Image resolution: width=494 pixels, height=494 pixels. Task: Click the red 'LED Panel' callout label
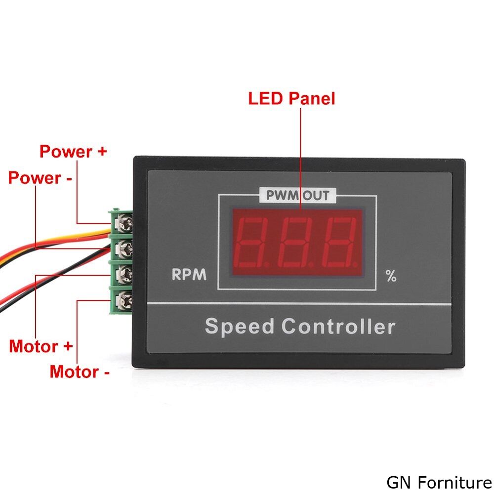(x=291, y=98)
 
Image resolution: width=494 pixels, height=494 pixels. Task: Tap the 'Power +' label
(x=73, y=151)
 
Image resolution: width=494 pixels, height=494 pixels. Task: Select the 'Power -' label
(x=40, y=178)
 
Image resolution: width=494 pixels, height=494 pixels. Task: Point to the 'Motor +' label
(x=41, y=346)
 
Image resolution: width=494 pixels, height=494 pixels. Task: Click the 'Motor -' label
(x=80, y=372)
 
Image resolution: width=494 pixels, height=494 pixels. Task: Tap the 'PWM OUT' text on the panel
(x=298, y=195)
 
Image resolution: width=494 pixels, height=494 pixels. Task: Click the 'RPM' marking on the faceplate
(x=189, y=274)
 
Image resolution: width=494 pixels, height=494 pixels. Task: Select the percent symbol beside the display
(x=391, y=276)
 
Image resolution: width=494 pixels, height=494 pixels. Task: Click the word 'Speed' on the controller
(x=240, y=326)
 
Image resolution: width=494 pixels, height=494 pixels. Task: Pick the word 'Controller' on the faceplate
(x=338, y=326)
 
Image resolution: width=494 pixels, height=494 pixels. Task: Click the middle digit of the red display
(x=298, y=242)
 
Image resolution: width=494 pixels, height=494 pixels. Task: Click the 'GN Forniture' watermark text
(x=440, y=482)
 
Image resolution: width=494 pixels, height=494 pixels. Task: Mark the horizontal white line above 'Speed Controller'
(x=299, y=304)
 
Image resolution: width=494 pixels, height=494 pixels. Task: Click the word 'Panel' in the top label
(x=312, y=98)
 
